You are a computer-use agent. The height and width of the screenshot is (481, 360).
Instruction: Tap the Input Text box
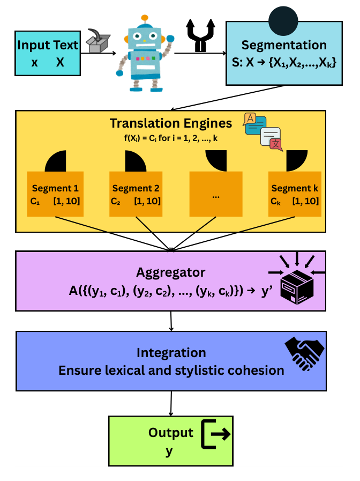pyautogui.click(x=48, y=53)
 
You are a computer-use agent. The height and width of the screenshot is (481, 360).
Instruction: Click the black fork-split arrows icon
pyautogui.click(x=201, y=36)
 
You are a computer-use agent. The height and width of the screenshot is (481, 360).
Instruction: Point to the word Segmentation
pyautogui.click(x=284, y=45)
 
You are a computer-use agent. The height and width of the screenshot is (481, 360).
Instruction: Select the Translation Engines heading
pyautogui.click(x=171, y=123)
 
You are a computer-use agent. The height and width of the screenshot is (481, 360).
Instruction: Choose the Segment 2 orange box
pyautogui.click(x=136, y=194)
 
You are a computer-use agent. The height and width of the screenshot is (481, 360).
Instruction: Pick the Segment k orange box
pyautogui.click(x=295, y=194)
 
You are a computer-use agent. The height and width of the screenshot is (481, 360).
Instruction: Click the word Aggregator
pyautogui.click(x=170, y=272)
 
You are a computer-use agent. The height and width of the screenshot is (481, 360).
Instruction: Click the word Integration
pyautogui.click(x=171, y=353)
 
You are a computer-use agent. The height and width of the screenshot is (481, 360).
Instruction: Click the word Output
pyautogui.click(x=170, y=433)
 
